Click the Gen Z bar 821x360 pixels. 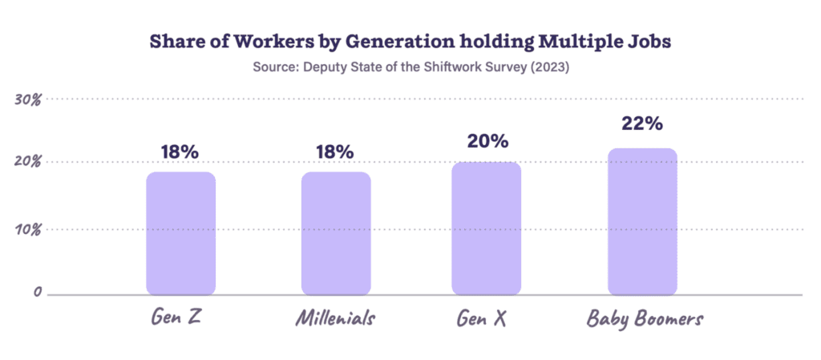click(180, 233)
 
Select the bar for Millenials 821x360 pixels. click(336, 233)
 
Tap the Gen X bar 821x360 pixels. click(486, 228)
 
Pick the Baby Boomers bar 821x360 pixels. click(642, 221)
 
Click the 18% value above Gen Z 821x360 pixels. click(180, 152)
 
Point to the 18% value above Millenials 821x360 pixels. click(334, 152)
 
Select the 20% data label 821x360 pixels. click(487, 141)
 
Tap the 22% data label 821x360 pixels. click(642, 124)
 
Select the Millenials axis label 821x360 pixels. click(335, 319)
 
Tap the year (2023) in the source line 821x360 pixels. click(547, 68)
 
